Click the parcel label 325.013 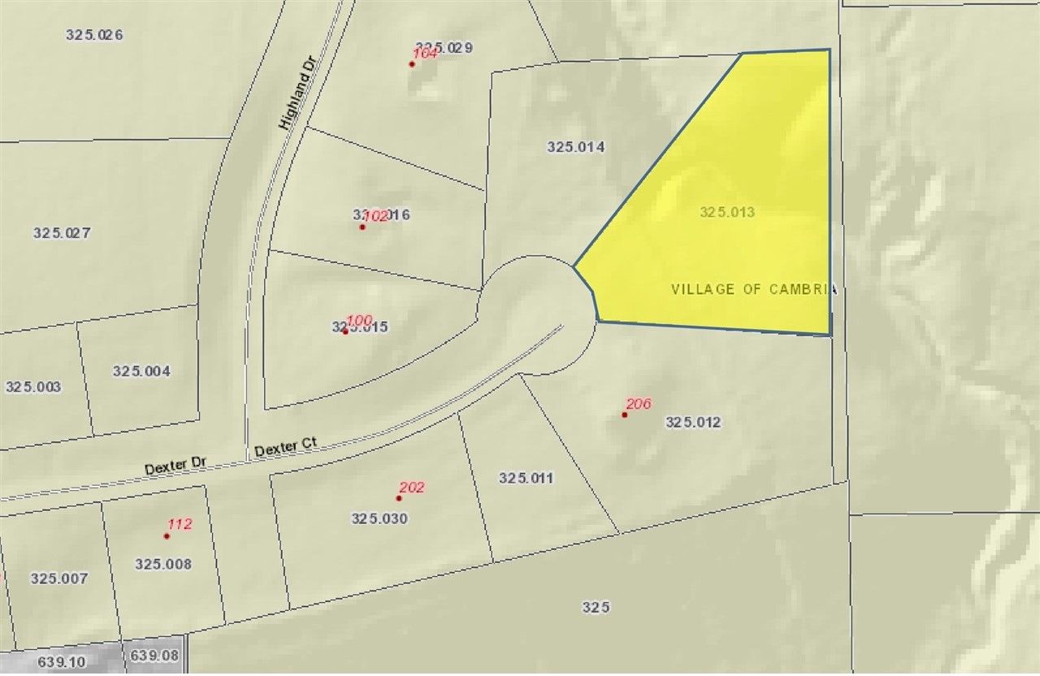click(x=727, y=212)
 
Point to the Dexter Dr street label click(x=176, y=467)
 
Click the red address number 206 click(x=639, y=403)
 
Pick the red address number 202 click(x=412, y=487)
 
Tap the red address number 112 click(x=179, y=524)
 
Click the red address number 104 click(x=425, y=53)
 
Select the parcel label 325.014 click(x=576, y=147)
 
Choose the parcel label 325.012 click(x=693, y=422)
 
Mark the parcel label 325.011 click(x=526, y=478)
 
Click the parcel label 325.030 click(x=379, y=518)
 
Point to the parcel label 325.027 click(x=62, y=232)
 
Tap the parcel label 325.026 click(x=93, y=34)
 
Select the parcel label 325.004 click(x=141, y=370)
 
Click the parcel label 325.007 click(x=59, y=578)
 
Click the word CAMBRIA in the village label click(x=799, y=289)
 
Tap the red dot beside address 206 click(x=625, y=415)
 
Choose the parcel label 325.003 click(x=33, y=386)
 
